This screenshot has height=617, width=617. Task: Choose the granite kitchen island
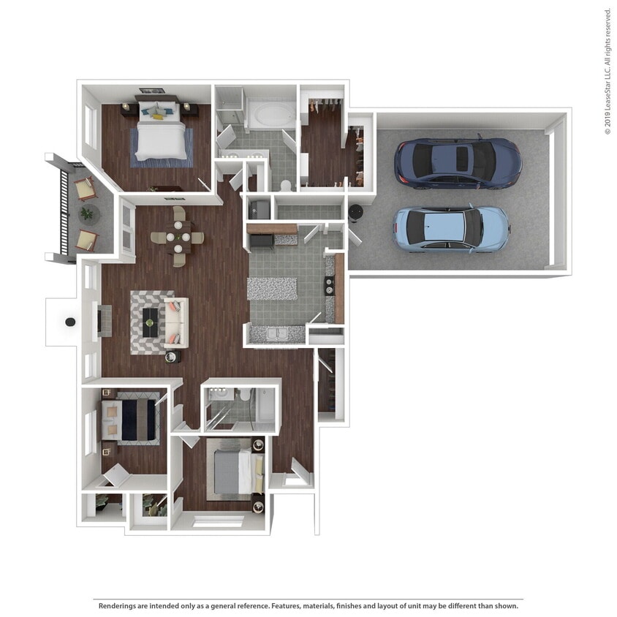coord(273,288)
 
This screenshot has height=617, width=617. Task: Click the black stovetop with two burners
coord(330,284)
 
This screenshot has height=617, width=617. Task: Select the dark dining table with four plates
coord(178,238)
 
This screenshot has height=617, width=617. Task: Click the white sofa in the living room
coord(176,321)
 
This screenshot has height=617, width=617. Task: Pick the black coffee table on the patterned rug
coord(151,317)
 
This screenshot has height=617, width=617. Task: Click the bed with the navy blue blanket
coord(136,420)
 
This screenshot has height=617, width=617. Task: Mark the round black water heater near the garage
coord(357,211)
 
